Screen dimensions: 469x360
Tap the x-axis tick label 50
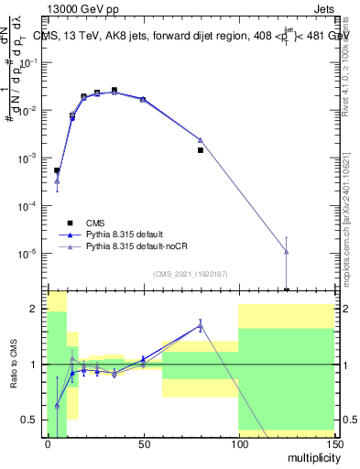pos(143,443)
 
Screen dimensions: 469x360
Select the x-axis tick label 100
pos(238,443)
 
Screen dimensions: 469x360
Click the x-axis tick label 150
pos(333,443)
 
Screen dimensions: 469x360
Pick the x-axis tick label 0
pos(48,443)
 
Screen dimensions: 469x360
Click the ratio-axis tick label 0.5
pos(29,420)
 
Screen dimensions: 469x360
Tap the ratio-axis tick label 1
pos(34,365)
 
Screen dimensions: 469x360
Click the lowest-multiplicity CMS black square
pos(57,170)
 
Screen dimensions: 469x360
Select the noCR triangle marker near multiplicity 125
pos(287,251)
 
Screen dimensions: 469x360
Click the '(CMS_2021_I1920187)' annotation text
pos(189,274)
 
